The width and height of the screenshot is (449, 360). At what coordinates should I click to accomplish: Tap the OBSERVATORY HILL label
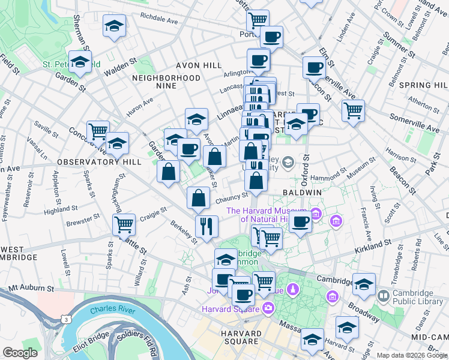99,162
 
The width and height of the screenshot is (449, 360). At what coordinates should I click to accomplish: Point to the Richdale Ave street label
159,20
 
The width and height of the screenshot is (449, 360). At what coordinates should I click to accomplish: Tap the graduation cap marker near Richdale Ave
114,26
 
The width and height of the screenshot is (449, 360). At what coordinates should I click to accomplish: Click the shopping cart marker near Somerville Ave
353,110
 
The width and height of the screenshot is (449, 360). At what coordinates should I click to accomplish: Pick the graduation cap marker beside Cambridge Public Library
364,285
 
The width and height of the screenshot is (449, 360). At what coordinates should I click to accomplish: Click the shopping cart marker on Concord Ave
98,131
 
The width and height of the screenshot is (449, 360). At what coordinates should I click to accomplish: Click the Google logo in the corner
20,353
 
